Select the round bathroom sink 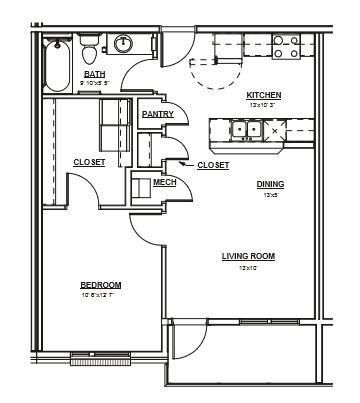pos(124,44)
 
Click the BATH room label pos(95,74)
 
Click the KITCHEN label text pos(264,95)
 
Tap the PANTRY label pos(158,114)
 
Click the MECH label pos(164,182)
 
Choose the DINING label pos(269,184)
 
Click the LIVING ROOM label pos(248,256)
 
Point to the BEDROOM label pos(101,285)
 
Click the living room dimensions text pos(248,268)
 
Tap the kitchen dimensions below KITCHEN pos(264,105)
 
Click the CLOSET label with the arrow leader pos(213,165)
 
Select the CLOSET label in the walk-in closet pos(90,162)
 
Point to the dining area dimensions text pos(269,195)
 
